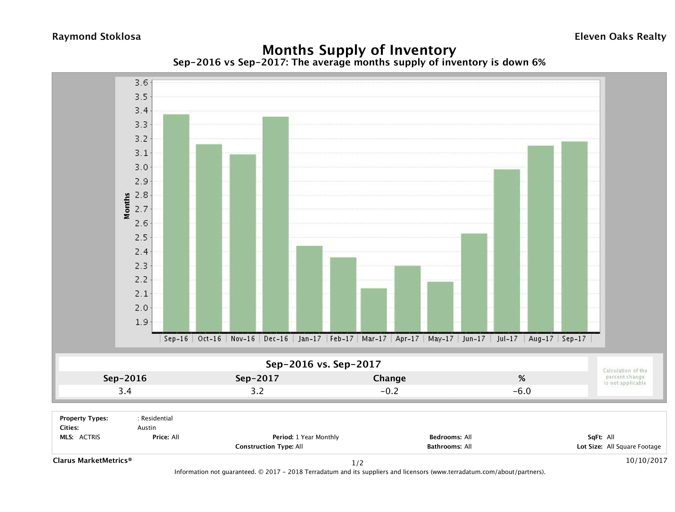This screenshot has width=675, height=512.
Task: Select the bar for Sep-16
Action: tap(176, 223)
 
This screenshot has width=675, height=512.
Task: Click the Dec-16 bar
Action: tap(275, 224)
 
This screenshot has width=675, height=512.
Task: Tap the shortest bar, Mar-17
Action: tap(374, 310)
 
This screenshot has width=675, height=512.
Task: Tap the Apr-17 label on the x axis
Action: tap(407, 339)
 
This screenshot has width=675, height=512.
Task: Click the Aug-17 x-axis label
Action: tap(541, 339)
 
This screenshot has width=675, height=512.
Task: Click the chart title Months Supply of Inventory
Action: tap(359, 50)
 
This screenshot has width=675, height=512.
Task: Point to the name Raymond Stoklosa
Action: tap(96, 37)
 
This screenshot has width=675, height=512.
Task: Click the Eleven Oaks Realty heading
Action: tap(620, 37)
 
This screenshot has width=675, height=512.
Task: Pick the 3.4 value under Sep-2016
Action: tap(125, 391)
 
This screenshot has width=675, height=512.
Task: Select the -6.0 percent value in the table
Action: tap(521, 391)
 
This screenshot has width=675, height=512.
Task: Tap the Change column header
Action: tap(389, 378)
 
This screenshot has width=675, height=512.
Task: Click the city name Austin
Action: tap(146, 428)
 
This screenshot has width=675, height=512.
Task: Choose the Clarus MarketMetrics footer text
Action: tap(92, 460)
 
